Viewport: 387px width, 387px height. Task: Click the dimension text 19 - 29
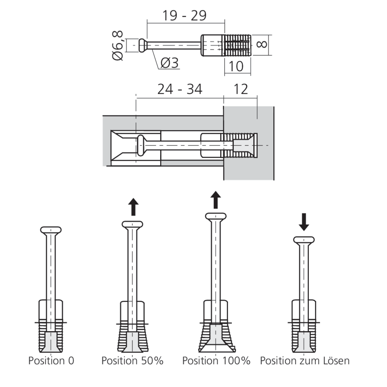click(184, 15)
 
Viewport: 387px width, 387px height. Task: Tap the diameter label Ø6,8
click(118, 46)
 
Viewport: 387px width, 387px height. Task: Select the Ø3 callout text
click(169, 63)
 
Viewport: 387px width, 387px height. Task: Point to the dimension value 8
click(262, 43)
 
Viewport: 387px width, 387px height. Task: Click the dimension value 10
click(236, 66)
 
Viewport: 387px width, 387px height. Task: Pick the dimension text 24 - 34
click(180, 89)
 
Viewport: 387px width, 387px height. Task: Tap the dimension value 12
click(241, 89)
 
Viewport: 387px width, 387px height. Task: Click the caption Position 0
click(51, 361)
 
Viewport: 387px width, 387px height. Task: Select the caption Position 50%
click(132, 361)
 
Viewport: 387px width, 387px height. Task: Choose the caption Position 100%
click(216, 361)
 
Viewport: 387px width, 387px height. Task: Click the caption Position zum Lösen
click(305, 361)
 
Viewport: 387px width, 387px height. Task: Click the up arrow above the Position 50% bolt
click(133, 207)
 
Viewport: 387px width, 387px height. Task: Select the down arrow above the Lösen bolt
click(304, 223)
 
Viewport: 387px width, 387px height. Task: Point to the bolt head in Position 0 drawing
click(51, 230)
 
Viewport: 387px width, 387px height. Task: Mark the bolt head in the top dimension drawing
click(142, 45)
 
